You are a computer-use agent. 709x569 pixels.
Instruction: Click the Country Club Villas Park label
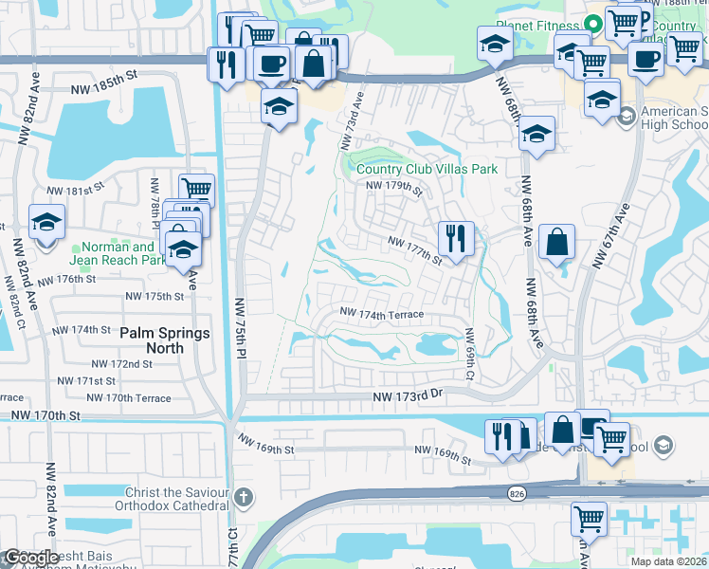[x=427, y=169]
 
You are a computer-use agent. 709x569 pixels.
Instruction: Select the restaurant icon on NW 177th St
[x=456, y=238]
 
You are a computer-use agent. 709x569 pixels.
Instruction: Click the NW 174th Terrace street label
[x=382, y=314]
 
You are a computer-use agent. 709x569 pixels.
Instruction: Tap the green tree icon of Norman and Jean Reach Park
[x=77, y=249]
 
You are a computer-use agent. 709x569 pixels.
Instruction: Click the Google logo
[x=31, y=558]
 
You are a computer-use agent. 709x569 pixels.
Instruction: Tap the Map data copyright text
[x=668, y=561]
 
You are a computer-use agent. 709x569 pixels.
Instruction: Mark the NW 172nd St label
[x=121, y=364]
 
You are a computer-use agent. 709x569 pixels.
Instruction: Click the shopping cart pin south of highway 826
[x=589, y=521]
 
